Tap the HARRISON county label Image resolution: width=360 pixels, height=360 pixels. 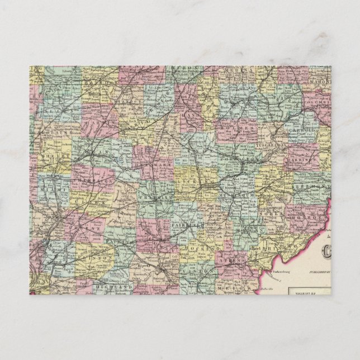tap(304, 159)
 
